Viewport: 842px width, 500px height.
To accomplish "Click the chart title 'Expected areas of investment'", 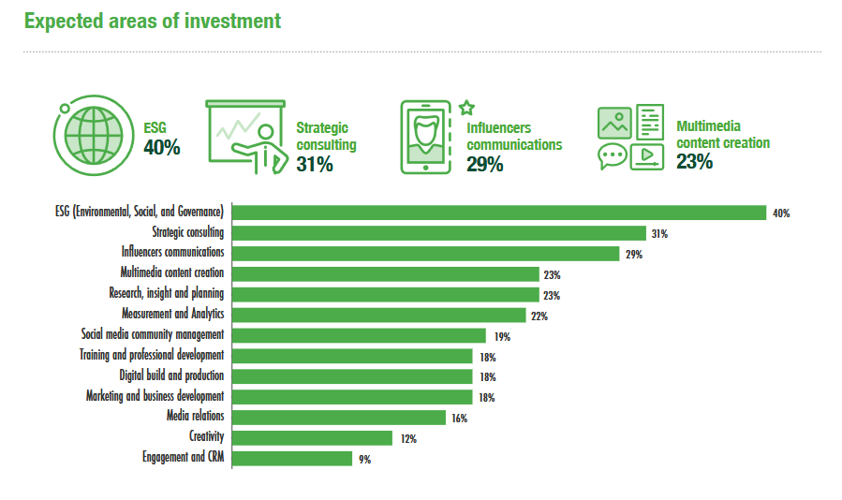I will point(153,21).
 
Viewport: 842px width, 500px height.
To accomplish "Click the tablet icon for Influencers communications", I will point(427,137).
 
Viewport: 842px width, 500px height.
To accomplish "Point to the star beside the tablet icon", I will point(467,109).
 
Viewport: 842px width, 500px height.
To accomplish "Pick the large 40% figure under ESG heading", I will point(162,148).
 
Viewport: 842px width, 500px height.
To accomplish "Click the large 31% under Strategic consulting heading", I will point(315,165).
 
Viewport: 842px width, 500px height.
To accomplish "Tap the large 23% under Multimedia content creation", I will point(694,162).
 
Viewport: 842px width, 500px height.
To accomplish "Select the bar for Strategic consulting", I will point(438,233).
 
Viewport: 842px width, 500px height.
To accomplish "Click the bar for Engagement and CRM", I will point(292,458).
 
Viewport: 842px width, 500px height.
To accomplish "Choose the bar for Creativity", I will point(312,437).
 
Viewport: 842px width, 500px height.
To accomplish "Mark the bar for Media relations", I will point(338,418).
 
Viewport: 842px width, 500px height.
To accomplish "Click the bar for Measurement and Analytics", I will point(378,315).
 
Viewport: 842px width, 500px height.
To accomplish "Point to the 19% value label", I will point(502,336).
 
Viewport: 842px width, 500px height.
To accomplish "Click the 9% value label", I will point(364,459).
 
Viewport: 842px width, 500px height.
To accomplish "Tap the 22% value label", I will point(539,316).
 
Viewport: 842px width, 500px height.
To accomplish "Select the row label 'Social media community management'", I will point(153,334).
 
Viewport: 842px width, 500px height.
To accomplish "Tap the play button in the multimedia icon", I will point(646,156).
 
